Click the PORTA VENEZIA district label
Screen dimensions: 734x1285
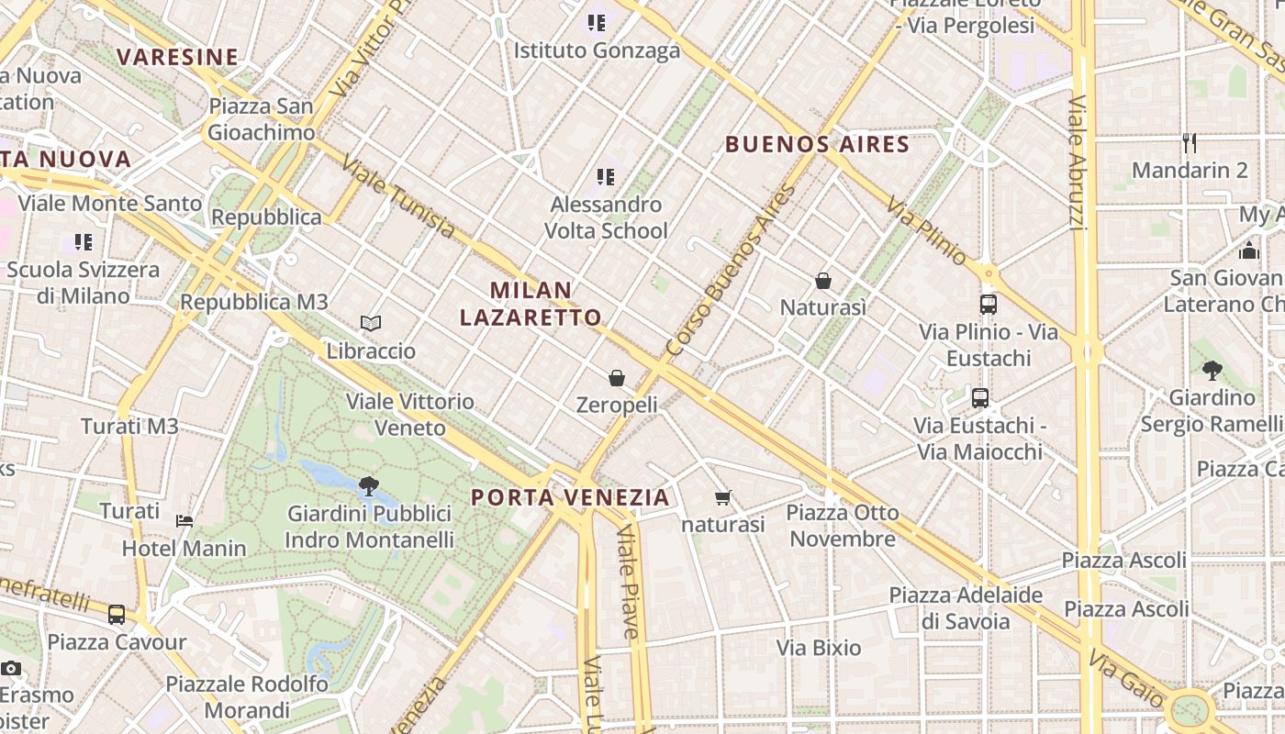(570, 498)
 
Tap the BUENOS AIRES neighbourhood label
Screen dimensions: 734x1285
(817, 145)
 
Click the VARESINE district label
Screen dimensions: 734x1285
(177, 57)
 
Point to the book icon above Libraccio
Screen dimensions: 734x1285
(371, 323)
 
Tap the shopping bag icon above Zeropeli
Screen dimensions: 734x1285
(617, 377)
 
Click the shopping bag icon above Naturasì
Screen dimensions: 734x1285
(823, 281)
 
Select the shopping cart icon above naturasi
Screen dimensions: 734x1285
(723, 498)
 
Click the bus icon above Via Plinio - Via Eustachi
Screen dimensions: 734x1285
(989, 305)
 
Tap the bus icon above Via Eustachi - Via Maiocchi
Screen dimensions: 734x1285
(980, 398)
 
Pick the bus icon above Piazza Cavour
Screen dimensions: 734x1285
(117, 615)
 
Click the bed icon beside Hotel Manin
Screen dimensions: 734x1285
(184, 521)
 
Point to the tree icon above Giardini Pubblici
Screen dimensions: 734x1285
(369, 486)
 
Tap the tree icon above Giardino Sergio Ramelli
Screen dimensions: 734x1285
(1212, 371)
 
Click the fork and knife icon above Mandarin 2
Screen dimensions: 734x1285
(1190, 143)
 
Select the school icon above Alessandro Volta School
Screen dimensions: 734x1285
(605, 176)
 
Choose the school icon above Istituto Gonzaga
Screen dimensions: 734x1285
(597, 22)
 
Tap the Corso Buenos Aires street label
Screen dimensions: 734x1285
(731, 272)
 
